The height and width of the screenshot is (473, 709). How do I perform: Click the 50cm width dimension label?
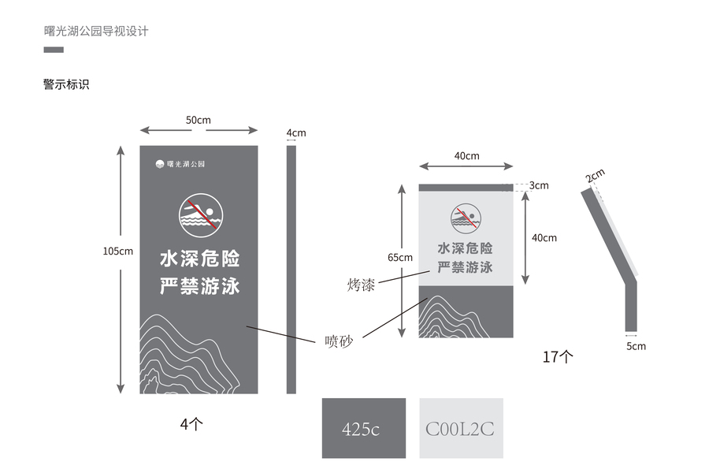click(199, 120)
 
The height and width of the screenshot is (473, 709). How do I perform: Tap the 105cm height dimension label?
click(118, 251)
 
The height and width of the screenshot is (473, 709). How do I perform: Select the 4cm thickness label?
click(296, 132)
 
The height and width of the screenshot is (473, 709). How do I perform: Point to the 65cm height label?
click(400, 257)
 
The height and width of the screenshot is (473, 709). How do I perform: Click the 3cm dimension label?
click(539, 186)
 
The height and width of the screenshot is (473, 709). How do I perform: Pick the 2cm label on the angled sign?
click(596, 176)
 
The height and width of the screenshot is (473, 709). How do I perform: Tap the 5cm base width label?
click(636, 346)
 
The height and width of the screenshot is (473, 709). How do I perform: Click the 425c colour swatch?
click(363, 428)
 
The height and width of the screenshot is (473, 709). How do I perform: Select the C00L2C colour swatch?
click(460, 428)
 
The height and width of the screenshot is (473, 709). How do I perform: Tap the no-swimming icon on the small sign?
click(466, 218)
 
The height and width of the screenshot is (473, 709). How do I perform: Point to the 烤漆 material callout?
click(360, 285)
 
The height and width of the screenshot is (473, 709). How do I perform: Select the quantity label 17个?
click(558, 356)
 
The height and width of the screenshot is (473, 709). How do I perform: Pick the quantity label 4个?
click(191, 424)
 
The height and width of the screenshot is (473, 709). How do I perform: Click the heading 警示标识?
click(66, 84)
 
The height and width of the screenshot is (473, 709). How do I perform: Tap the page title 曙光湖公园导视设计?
click(96, 32)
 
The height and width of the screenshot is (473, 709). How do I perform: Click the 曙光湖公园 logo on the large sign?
click(180, 164)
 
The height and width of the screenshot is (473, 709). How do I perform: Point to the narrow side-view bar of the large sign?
click(291, 269)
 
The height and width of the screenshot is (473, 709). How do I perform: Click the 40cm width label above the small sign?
click(466, 156)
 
